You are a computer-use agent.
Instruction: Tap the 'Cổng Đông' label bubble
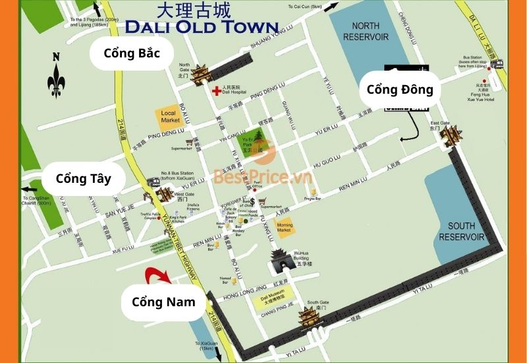tap(400, 90)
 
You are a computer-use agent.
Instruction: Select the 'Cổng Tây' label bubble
tap(82, 178)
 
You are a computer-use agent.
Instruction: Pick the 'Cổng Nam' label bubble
tap(163, 302)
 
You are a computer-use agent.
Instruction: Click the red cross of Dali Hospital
tap(215, 90)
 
